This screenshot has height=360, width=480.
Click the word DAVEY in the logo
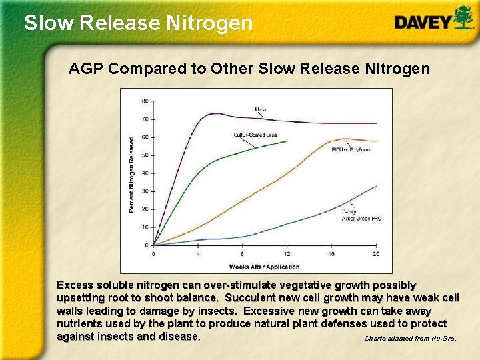(x=423, y=23)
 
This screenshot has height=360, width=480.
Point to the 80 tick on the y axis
(x=145, y=101)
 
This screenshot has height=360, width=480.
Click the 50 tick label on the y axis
(x=145, y=155)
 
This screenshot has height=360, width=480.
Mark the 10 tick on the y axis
(x=145, y=227)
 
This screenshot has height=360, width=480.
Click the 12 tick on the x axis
(x=287, y=254)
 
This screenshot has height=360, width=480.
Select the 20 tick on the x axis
(x=376, y=254)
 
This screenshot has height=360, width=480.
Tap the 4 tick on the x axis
(x=198, y=254)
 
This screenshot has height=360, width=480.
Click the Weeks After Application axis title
(x=265, y=266)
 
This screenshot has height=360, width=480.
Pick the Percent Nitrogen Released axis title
(x=131, y=175)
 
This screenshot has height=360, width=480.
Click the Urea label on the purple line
(x=261, y=109)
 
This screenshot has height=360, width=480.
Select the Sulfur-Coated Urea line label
(x=255, y=135)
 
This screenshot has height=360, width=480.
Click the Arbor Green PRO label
(x=362, y=218)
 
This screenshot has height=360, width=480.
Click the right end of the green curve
(x=287, y=141)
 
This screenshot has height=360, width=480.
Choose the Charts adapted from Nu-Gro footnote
(x=410, y=339)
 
